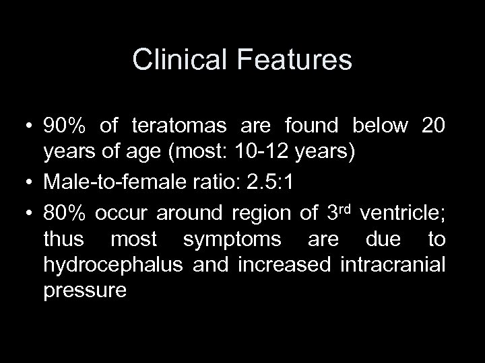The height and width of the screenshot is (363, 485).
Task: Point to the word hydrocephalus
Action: [x=113, y=265]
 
